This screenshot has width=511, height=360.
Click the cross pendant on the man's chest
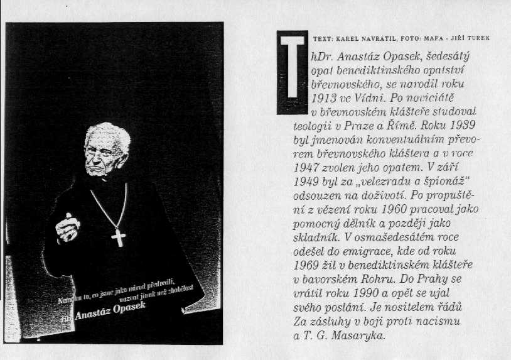pyautogui.click(x=118, y=237)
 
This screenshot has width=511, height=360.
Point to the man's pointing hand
pyautogui.click(x=67, y=227)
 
